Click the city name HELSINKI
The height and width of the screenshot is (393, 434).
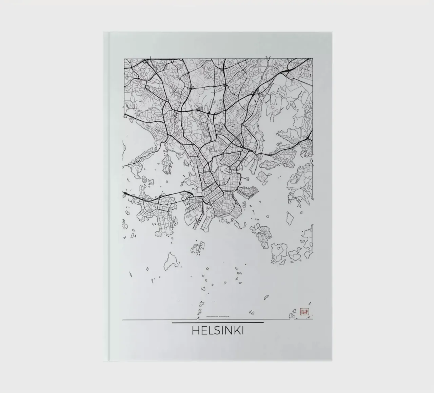pos(217,331)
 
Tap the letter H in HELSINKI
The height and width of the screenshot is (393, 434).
pos(195,331)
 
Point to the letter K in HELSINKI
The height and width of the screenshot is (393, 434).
pos(236,331)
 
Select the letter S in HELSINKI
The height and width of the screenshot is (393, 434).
pos(215,331)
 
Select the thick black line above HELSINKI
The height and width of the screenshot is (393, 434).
pos(217,323)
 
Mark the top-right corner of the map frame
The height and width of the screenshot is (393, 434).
pos(313,59)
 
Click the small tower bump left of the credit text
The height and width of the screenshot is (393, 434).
pos(199,318)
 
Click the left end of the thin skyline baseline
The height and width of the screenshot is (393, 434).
pos(123,319)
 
